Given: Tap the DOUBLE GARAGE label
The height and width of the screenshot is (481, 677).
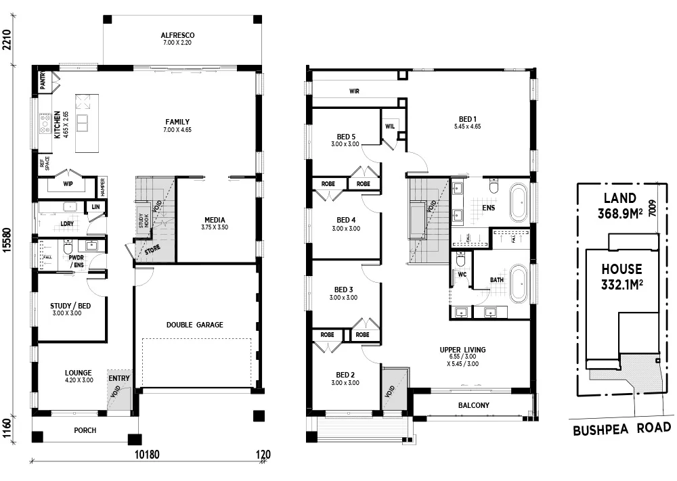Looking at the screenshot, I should (x=194, y=325).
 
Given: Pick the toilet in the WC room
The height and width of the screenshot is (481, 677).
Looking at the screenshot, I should (x=460, y=260).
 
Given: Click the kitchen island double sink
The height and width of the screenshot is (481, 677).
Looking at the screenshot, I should (x=83, y=122).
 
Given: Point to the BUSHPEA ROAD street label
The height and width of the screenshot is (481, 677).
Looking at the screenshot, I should (x=622, y=428).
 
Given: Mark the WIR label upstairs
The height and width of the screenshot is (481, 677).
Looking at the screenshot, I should (x=353, y=90).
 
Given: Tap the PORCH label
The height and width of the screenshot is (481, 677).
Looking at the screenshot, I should (x=85, y=430).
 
